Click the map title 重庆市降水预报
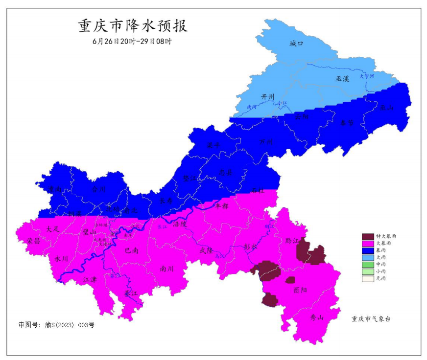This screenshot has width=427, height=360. pos(133,26)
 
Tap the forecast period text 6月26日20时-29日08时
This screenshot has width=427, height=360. pos(132,42)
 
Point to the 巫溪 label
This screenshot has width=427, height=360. pos(342,78)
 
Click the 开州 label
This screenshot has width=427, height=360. pos(267,96)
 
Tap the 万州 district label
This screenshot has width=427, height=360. pos(266,142)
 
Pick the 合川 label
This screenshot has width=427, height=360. pos(98,188)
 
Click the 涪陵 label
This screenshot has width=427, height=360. pos(180,224)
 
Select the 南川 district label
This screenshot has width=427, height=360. pos(167,268)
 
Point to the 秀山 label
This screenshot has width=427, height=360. pos(317,317)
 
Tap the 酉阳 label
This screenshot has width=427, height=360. pos(300,290)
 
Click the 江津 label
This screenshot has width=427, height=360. pos(90,279)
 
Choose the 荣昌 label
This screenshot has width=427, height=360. pos(34,241)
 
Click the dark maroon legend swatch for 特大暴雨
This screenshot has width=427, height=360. pos(367,236)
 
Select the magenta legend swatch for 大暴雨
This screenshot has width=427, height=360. pos(367,243)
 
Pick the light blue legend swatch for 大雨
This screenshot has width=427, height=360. pos(367,257)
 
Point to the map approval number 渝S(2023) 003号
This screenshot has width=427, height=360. pos(56,324)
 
